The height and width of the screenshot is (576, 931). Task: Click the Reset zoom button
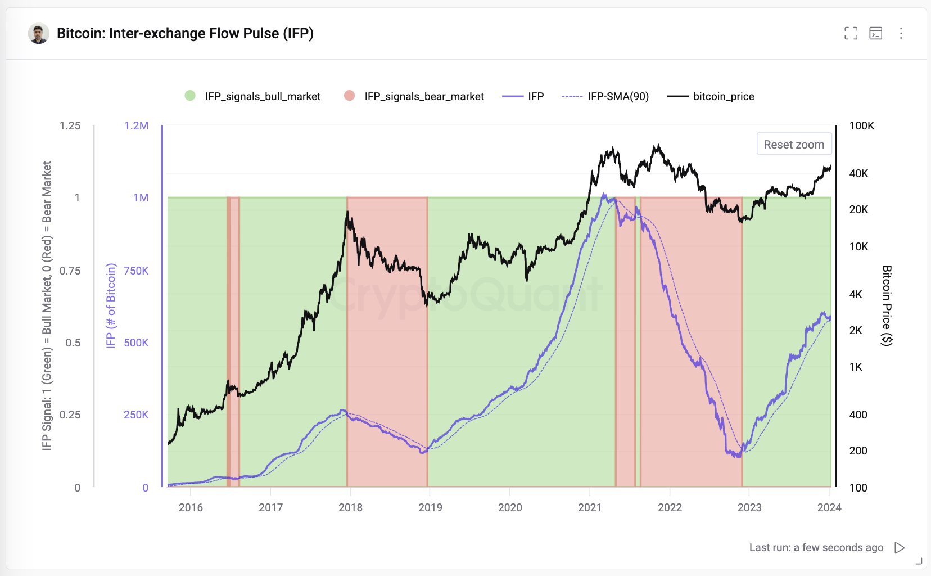pyautogui.click(x=794, y=144)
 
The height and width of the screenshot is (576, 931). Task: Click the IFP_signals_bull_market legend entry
pyautogui.click(x=253, y=96)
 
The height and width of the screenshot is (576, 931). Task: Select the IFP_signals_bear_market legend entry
pyautogui.click(x=414, y=96)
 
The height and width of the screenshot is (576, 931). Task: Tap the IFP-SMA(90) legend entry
pyautogui.click(x=606, y=96)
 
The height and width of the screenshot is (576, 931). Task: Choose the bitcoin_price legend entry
pyautogui.click(x=711, y=96)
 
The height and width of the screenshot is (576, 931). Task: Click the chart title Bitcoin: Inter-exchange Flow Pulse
pyautogui.click(x=185, y=33)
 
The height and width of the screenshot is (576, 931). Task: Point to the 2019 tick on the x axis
pyautogui.click(x=430, y=507)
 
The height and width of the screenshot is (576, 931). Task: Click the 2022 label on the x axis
pyautogui.click(x=670, y=507)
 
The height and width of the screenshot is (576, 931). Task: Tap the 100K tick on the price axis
pyautogui.click(x=861, y=125)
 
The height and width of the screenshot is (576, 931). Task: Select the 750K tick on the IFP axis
pyautogui.click(x=136, y=271)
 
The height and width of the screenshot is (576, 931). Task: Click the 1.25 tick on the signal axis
pyautogui.click(x=70, y=125)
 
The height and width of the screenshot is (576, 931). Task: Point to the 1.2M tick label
pyautogui.click(x=136, y=125)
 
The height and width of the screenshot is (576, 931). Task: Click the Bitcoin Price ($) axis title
pyautogui.click(x=887, y=305)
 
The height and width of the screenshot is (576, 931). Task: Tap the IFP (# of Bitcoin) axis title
pyautogui.click(x=111, y=305)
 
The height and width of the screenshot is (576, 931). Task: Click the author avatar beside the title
pyautogui.click(x=39, y=34)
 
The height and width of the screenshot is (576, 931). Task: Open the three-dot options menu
pyautogui.click(x=901, y=33)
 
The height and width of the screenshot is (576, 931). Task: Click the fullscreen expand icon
pyautogui.click(x=851, y=33)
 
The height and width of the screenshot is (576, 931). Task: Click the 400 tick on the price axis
pyautogui.click(x=858, y=415)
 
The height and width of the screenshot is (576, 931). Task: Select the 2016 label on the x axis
pyautogui.click(x=191, y=507)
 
